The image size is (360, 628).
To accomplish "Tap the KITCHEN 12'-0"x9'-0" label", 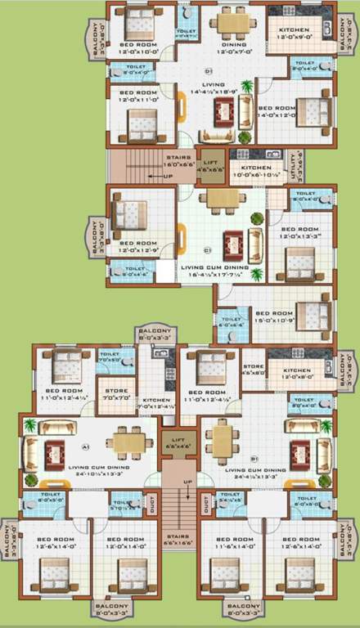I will coord(290,32).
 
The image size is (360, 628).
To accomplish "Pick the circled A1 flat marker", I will coord(85,446).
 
